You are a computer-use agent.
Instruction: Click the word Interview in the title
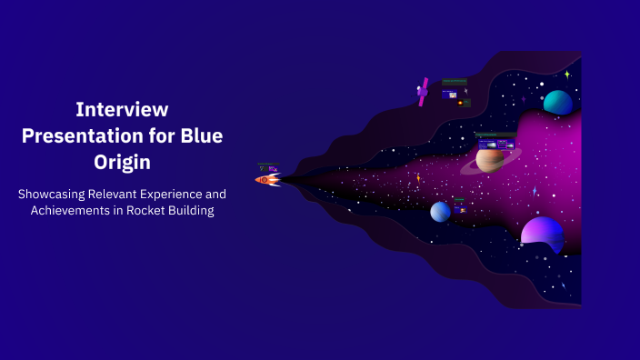pos(122,109)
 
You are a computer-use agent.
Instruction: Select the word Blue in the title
pos(202,136)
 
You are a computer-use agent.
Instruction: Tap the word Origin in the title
pos(122,164)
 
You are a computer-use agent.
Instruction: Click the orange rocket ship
pos(267,180)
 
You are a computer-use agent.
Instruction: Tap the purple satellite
pos(423,91)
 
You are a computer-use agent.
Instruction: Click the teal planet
pos(557,103)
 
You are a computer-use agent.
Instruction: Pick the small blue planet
pos(440,212)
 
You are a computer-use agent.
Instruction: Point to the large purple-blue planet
pos(542,232)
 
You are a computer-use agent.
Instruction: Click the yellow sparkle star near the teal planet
pos(567,75)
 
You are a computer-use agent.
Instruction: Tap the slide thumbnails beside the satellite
pos(455,92)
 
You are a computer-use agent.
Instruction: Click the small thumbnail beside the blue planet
pos(460,206)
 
